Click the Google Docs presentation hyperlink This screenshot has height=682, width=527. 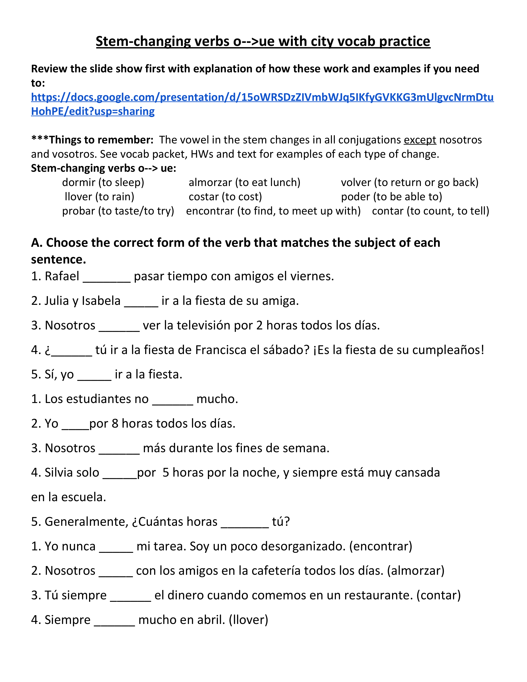pyautogui.click(x=262, y=97)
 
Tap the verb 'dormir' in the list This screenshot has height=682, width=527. pyautogui.click(x=79, y=182)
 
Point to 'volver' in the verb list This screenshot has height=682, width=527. pyautogui.click(x=356, y=182)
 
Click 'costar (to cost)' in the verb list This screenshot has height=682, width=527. pyautogui.click(x=225, y=197)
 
